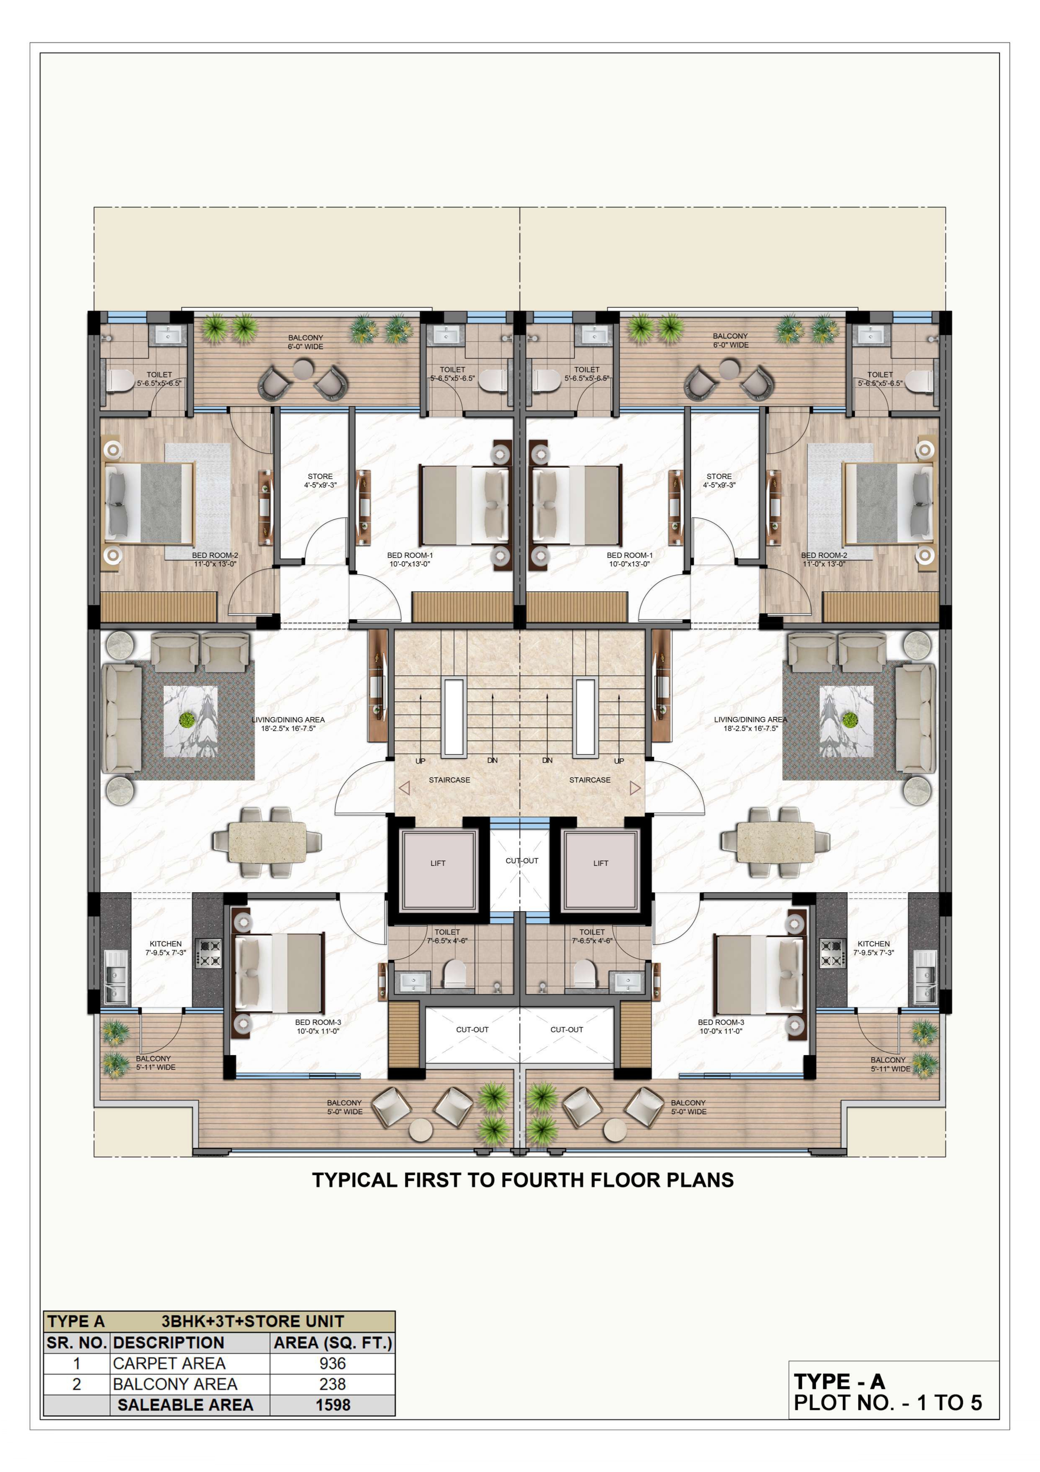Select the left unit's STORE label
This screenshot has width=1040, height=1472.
[x=320, y=477]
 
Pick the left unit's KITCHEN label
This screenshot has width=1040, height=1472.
[x=165, y=944]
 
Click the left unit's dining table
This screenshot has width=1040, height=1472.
[x=267, y=841]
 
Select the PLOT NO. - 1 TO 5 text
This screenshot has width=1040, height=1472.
[x=887, y=1403]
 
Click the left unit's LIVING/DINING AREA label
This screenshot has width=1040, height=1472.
[x=288, y=720]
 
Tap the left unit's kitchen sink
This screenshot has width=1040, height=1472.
[x=116, y=978]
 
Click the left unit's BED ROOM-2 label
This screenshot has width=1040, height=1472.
[x=215, y=555]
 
